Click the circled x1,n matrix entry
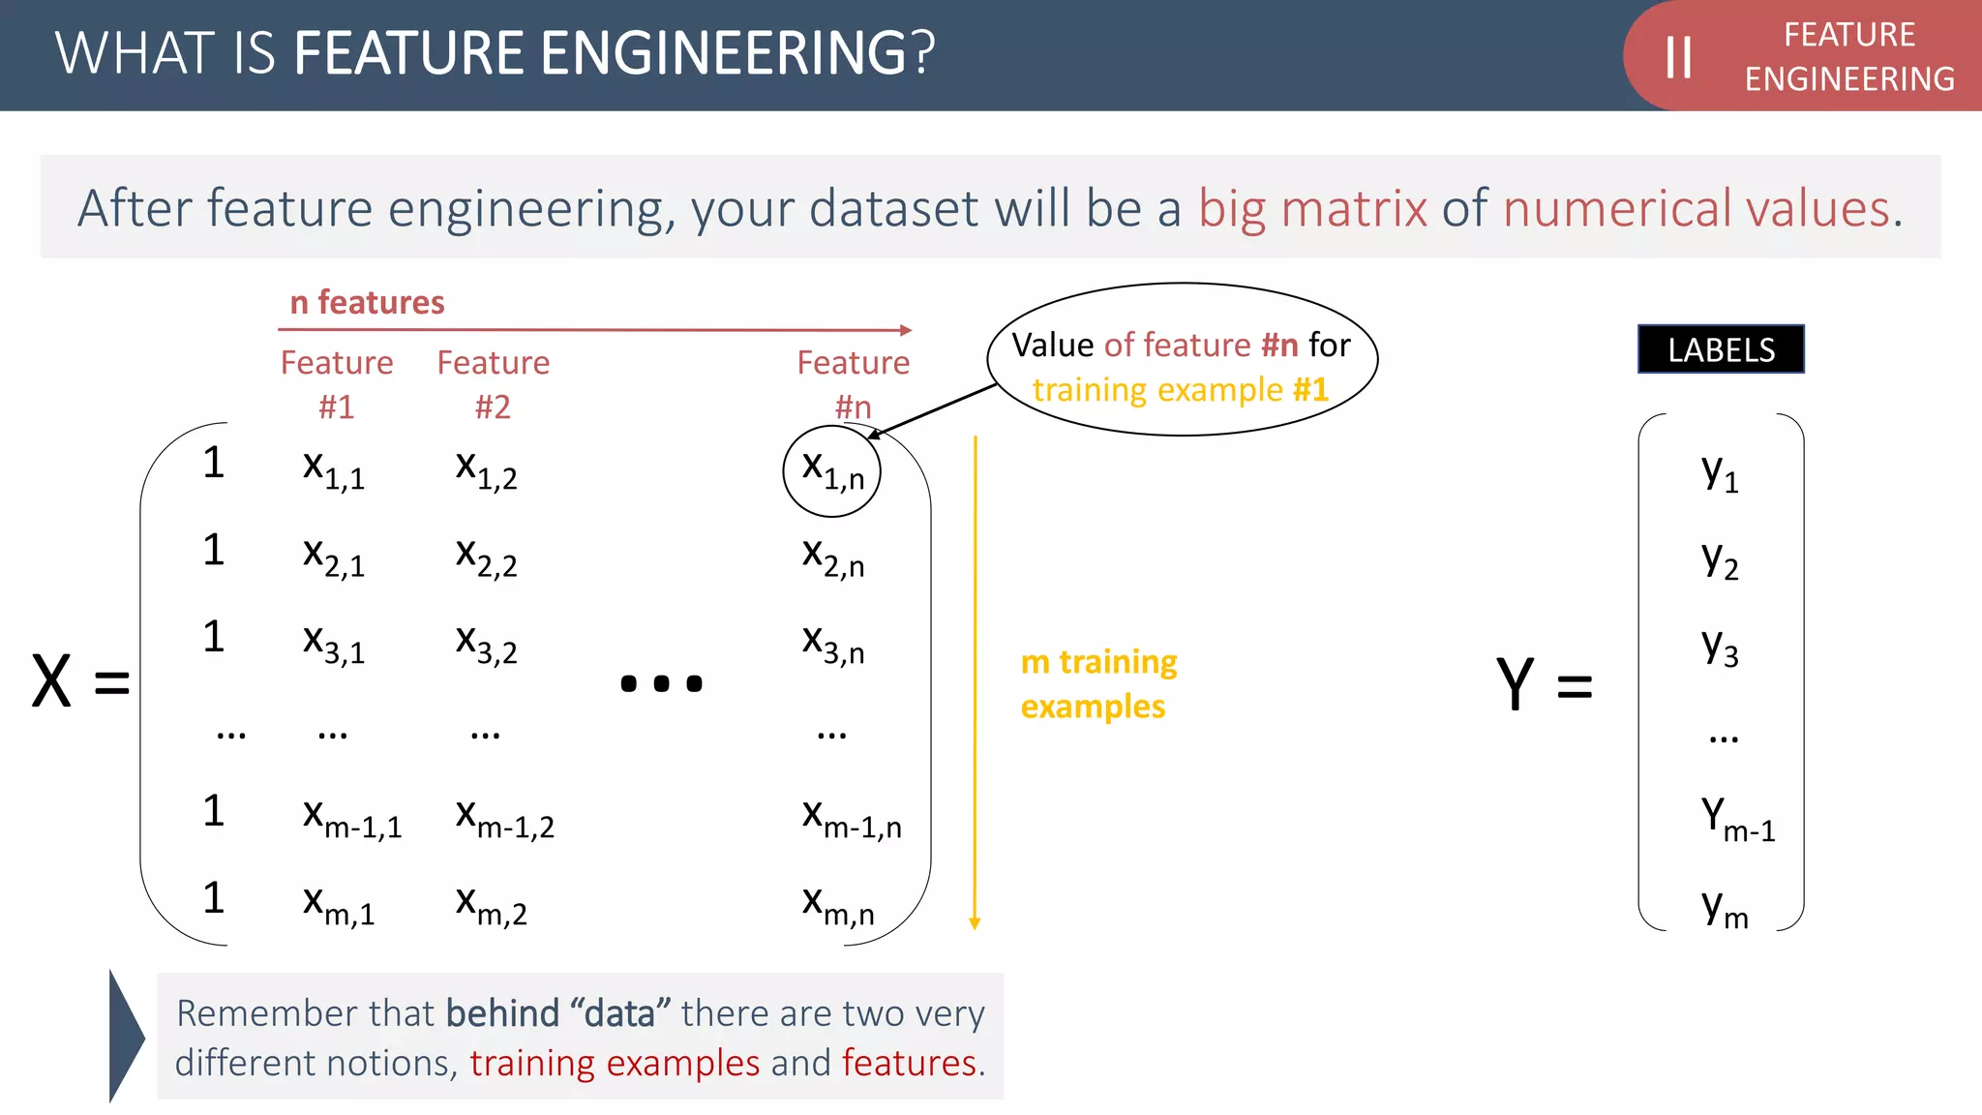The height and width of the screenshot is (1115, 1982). pyautogui.click(x=831, y=471)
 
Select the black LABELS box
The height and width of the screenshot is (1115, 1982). pyautogui.click(x=1721, y=349)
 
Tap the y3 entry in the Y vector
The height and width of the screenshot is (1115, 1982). pyautogui.click(x=1720, y=648)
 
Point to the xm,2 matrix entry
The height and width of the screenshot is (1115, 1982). pyautogui.click(x=491, y=906)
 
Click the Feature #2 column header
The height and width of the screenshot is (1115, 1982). pyautogui.click(x=493, y=384)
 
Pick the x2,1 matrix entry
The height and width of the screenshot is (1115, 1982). pyautogui.click(x=333, y=557)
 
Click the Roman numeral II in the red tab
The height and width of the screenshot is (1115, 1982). pyautogui.click(x=1678, y=57)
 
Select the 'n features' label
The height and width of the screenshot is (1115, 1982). pyautogui.click(x=367, y=303)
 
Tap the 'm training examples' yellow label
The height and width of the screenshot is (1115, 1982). pyautogui.click(x=1098, y=684)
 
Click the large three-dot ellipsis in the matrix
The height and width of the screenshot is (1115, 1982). pyautogui.click(x=661, y=683)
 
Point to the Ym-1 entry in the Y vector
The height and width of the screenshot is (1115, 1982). pyautogui.click(x=1737, y=819)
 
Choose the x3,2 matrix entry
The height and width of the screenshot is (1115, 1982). pyautogui.click(x=486, y=645)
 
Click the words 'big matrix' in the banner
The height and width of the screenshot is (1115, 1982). pyautogui.click(x=1312, y=209)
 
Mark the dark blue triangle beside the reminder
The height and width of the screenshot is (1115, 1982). pyautogui.click(x=125, y=1037)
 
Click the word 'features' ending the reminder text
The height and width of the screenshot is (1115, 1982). pyautogui.click(x=909, y=1064)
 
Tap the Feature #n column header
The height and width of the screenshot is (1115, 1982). pyautogui.click(x=853, y=384)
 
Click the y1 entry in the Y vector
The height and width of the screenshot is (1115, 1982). pyautogui.click(x=1720, y=473)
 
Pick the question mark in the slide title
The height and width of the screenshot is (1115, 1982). pyautogui.click(x=922, y=53)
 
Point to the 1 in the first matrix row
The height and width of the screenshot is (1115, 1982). pyautogui.click(x=214, y=463)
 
